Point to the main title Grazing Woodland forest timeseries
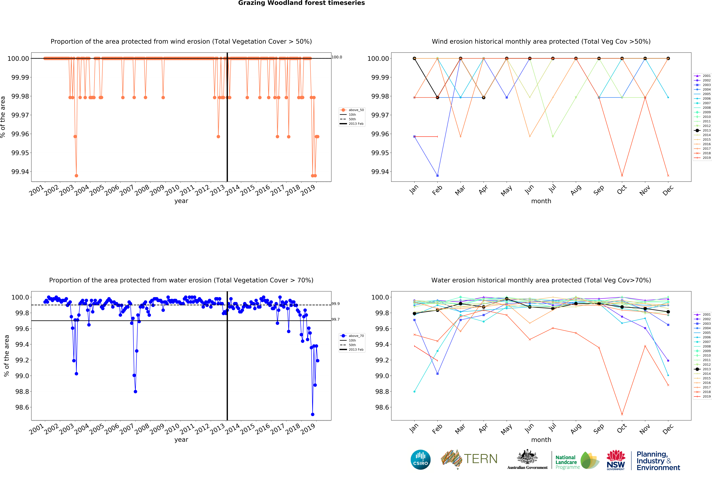coord(301,3)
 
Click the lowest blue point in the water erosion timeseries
coord(312,414)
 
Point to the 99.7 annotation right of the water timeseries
coord(336,319)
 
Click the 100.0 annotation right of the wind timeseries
coord(337,57)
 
